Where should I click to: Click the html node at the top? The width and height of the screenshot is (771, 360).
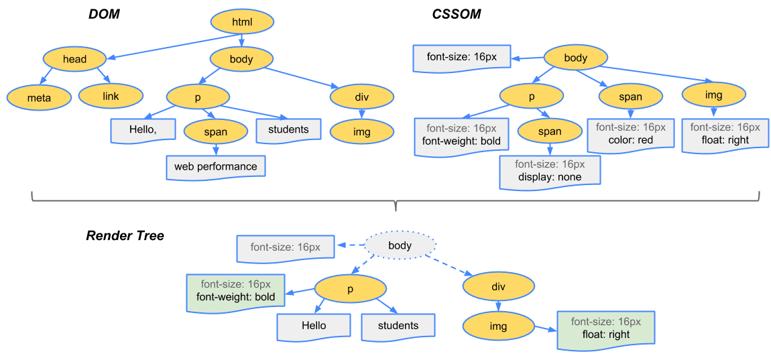(242, 22)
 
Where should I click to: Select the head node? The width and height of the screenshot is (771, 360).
(74, 59)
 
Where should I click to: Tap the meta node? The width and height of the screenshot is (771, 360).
(39, 97)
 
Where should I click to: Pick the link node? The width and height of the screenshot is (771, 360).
(111, 96)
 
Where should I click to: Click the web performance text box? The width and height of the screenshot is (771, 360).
(216, 166)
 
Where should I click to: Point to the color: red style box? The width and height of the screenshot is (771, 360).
(630, 134)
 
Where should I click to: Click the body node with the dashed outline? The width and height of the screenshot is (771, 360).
(400, 245)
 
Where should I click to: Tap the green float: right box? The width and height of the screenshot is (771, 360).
(605, 328)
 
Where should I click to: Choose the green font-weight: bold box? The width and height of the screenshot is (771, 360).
(235, 291)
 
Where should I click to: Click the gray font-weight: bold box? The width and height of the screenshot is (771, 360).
(461, 135)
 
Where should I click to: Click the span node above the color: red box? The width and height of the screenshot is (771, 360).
(630, 97)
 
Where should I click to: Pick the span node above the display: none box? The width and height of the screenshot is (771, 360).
(549, 131)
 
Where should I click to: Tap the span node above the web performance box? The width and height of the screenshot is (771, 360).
(215, 132)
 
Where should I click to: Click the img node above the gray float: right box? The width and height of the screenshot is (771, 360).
(713, 95)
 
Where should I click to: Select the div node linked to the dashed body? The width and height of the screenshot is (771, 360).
(497, 287)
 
